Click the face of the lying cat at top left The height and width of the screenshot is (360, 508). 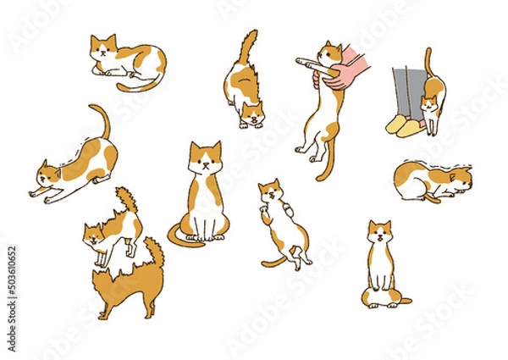[104, 48]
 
